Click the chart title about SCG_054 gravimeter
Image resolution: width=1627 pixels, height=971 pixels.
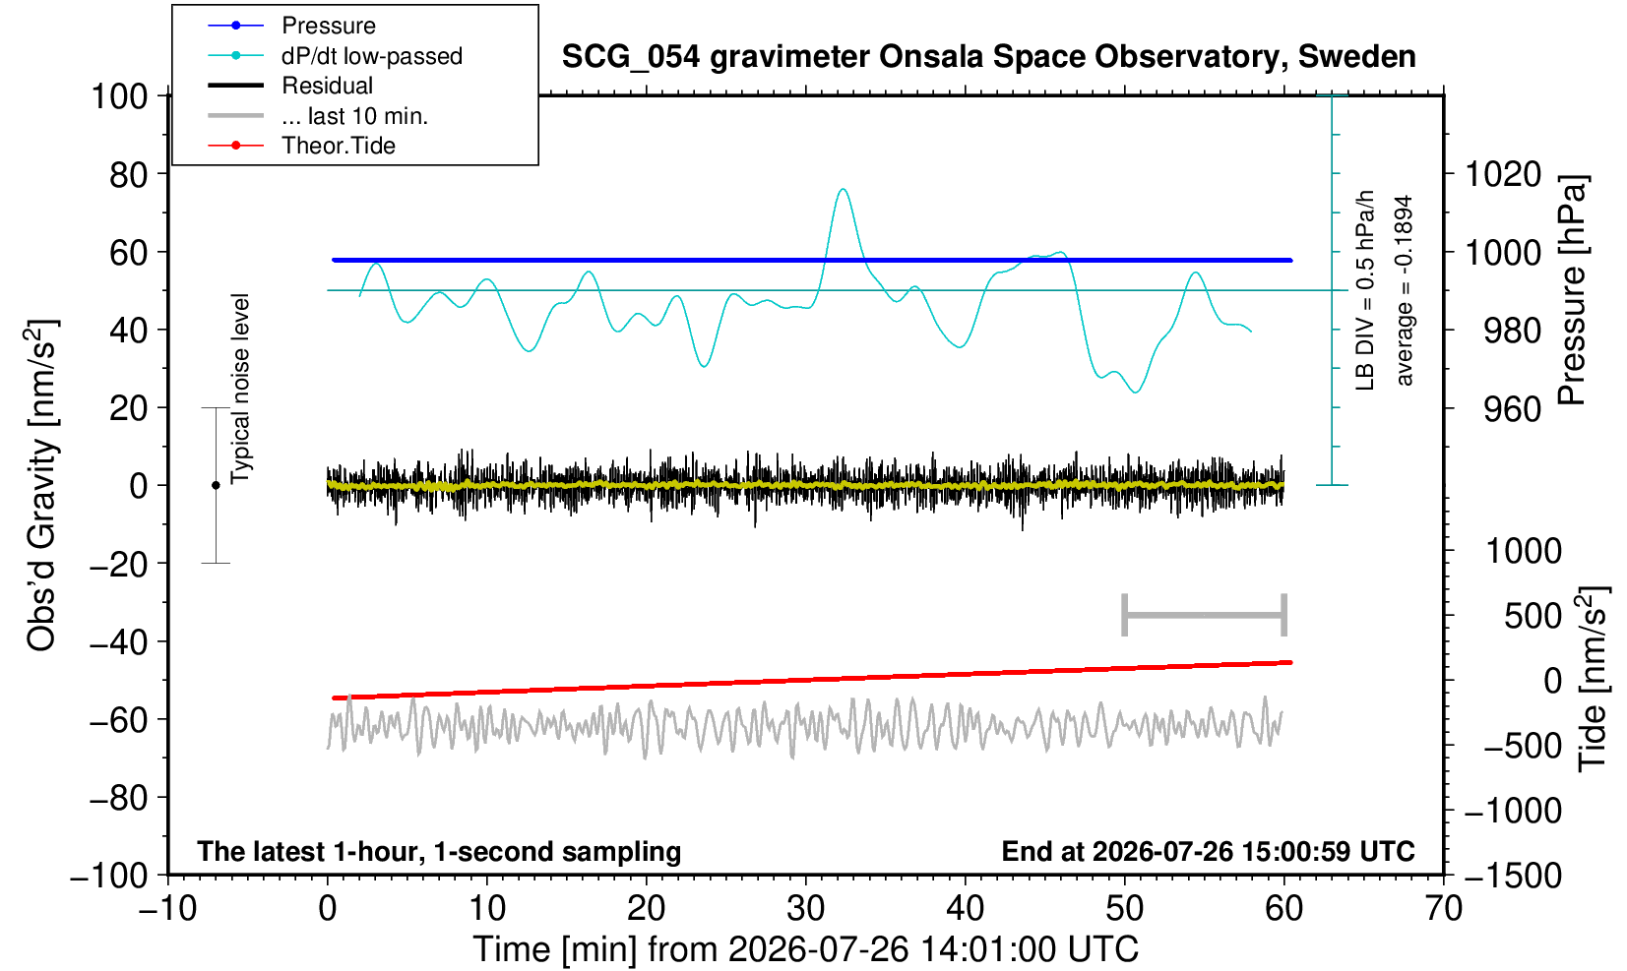click(988, 57)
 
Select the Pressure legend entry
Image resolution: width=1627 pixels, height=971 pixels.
click(292, 27)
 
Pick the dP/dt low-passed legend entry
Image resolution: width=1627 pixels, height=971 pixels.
click(335, 56)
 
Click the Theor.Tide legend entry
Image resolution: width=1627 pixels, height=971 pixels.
click(301, 146)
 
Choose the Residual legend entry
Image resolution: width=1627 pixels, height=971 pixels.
click(290, 86)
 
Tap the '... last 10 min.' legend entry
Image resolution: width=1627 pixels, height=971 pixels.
click(317, 115)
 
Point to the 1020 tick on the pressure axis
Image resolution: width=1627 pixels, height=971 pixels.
click(1503, 174)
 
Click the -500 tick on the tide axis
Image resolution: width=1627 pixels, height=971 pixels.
click(1522, 746)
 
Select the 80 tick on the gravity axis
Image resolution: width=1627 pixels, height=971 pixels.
click(129, 174)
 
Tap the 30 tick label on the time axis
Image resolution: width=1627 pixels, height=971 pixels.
click(805, 908)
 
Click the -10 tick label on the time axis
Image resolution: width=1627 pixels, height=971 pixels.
click(167, 908)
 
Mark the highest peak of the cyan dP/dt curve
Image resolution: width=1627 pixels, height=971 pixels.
click(843, 190)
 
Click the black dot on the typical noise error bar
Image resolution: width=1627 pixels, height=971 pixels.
click(216, 485)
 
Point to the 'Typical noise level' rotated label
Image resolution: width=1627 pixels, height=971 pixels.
click(240, 389)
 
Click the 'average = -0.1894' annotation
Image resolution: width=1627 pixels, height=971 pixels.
click(1404, 290)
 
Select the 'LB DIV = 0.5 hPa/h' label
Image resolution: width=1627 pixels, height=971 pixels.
click(1365, 290)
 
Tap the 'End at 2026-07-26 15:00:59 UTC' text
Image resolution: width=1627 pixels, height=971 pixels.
click(1208, 851)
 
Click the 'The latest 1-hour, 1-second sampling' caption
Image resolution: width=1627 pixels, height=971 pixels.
click(439, 851)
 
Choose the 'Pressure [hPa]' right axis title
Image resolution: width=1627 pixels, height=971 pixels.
click(1573, 290)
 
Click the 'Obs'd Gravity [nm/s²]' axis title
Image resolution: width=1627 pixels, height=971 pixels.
click(42, 485)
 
